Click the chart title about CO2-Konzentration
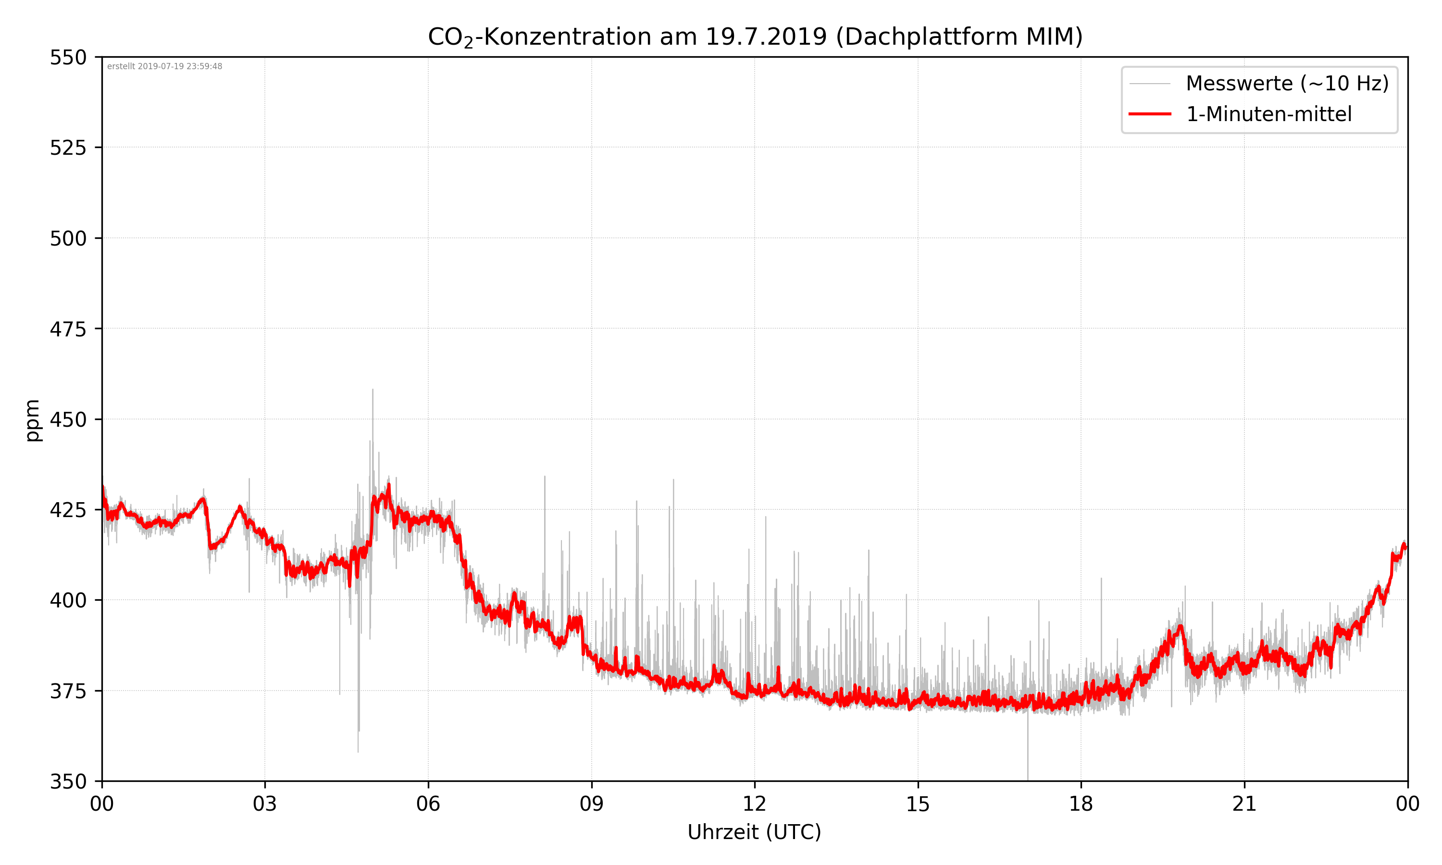click(x=755, y=37)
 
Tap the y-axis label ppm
click(x=33, y=420)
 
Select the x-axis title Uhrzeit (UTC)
click(x=754, y=832)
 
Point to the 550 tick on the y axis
click(x=68, y=58)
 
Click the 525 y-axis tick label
click(x=68, y=148)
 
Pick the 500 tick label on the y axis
click(x=68, y=238)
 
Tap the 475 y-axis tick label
click(x=68, y=329)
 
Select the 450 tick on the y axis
click(x=68, y=420)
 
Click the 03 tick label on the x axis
click(x=265, y=804)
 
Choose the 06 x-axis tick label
click(x=428, y=804)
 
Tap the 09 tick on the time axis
click(x=592, y=804)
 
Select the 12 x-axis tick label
click(x=755, y=804)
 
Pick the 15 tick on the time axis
click(x=918, y=804)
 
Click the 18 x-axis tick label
click(x=1081, y=804)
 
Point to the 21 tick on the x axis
click(x=1244, y=804)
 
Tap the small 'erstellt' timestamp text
click(x=164, y=66)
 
